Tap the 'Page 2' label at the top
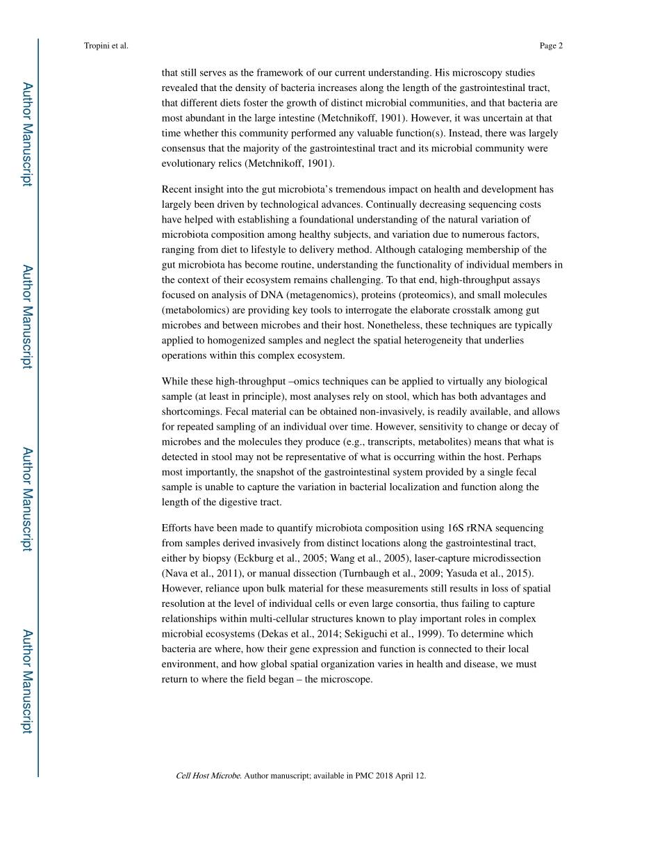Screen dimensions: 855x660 [550, 46]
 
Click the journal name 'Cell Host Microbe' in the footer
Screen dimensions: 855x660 [208, 776]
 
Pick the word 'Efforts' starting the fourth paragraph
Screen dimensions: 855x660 [177, 528]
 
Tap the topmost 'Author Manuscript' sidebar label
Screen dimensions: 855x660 [26, 133]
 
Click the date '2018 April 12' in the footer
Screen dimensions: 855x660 [401, 776]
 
